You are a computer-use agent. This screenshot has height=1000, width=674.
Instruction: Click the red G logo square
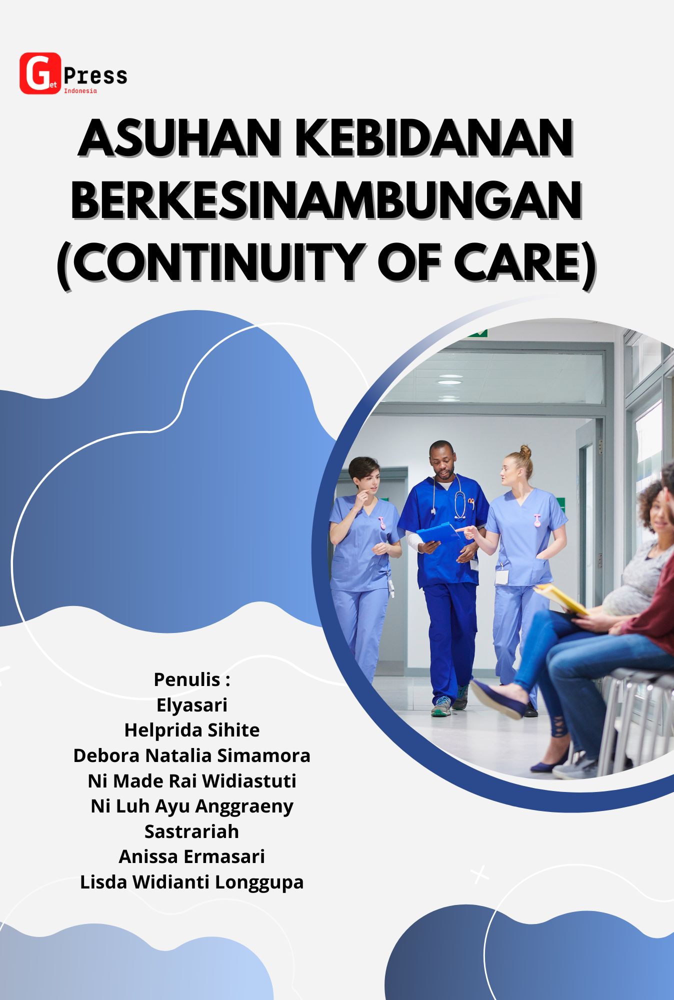click(39, 73)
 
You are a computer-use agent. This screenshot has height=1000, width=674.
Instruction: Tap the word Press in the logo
click(95, 76)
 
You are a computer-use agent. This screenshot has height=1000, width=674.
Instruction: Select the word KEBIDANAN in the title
click(433, 138)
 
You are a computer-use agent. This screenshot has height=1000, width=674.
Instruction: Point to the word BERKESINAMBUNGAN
click(326, 199)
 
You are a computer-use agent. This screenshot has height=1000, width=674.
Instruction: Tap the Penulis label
click(191, 679)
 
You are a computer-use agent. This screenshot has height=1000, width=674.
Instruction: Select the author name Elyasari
click(191, 705)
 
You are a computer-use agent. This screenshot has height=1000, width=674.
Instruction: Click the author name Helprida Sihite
click(191, 730)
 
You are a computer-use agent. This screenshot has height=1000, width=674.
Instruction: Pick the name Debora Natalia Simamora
click(191, 755)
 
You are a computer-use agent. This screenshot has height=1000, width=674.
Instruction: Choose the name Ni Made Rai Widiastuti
click(191, 781)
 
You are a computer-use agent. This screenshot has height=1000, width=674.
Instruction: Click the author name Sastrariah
click(191, 831)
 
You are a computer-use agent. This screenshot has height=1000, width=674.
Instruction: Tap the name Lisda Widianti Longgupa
click(191, 882)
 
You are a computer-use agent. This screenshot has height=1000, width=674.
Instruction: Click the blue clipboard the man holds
click(438, 533)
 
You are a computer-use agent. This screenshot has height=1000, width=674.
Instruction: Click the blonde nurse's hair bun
click(525, 451)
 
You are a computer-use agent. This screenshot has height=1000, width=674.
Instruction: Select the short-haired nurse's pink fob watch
click(382, 523)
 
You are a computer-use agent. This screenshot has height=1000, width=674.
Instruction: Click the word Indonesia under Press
click(80, 91)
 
